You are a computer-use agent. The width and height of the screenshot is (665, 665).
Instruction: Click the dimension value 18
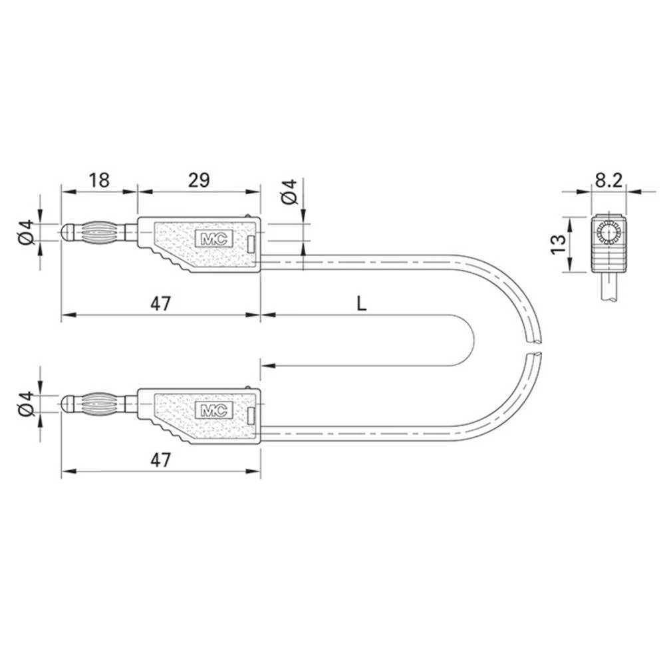(x=98, y=180)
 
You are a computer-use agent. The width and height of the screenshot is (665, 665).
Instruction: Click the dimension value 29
(x=198, y=180)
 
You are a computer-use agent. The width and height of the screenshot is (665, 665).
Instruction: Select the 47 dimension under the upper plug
(x=160, y=304)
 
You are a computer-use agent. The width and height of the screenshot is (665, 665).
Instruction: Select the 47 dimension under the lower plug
(x=160, y=460)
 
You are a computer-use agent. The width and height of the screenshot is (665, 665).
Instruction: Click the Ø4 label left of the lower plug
(x=25, y=404)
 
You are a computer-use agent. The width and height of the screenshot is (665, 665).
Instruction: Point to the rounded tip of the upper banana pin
(x=66, y=232)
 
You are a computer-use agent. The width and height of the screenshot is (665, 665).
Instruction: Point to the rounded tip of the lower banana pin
(x=66, y=404)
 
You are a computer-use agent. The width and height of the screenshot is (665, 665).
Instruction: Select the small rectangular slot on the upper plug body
(x=251, y=244)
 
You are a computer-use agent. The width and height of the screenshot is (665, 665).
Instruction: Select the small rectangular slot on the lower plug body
(x=251, y=416)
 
